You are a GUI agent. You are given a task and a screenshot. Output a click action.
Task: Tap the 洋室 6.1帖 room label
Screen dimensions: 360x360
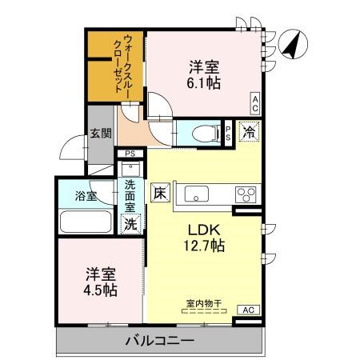(204, 74)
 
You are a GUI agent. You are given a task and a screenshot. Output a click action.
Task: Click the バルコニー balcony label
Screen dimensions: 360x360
(160, 342)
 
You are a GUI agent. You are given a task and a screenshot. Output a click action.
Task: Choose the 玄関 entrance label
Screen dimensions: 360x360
(100, 134)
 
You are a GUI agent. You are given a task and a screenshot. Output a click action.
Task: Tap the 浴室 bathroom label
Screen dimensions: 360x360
(86, 195)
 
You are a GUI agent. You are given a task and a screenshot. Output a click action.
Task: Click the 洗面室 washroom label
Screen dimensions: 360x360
(130, 196)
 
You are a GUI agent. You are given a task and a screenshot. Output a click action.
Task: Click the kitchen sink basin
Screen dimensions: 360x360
(197, 194)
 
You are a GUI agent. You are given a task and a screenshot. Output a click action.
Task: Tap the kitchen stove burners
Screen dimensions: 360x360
(244, 194)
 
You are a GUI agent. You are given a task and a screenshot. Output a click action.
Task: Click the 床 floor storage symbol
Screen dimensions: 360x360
(160, 193)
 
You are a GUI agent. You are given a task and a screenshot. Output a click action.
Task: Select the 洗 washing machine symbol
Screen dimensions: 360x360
(130, 225)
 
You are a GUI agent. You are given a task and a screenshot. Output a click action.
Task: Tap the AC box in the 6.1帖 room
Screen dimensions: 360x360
(254, 101)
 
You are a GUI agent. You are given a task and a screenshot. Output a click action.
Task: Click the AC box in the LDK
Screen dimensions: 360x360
(248, 309)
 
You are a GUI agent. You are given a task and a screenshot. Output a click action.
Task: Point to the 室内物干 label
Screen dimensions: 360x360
(204, 303)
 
